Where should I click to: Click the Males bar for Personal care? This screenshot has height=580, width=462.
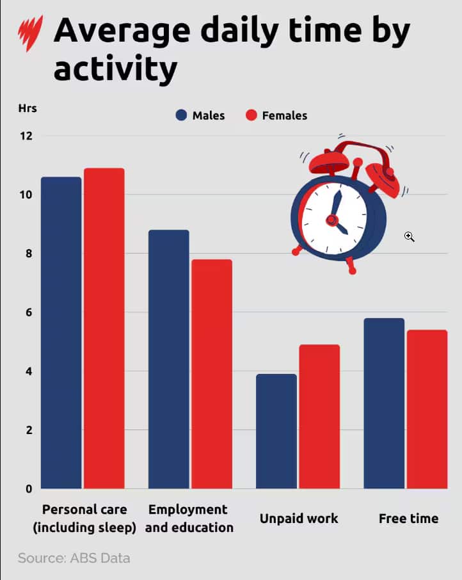(x=61, y=333)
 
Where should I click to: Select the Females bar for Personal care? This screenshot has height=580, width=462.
(x=104, y=328)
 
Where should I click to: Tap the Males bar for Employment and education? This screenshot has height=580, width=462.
(x=168, y=359)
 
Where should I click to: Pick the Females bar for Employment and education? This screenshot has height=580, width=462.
(x=212, y=374)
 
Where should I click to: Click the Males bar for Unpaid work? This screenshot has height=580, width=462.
(x=276, y=431)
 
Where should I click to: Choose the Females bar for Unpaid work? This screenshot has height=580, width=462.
(x=319, y=417)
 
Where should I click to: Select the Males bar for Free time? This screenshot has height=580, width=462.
(x=384, y=403)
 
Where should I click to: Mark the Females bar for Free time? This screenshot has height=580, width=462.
(x=427, y=409)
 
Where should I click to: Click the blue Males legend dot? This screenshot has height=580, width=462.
(x=181, y=116)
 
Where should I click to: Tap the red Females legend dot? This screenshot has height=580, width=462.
(x=251, y=116)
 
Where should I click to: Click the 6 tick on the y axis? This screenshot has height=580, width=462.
(x=28, y=312)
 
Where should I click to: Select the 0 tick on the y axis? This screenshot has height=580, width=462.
(x=28, y=489)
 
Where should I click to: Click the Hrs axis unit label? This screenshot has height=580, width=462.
(x=28, y=108)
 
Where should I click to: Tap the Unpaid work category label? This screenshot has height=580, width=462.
(x=299, y=519)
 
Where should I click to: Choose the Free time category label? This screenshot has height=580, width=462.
(x=408, y=519)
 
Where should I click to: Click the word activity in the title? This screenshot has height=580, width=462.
(x=115, y=69)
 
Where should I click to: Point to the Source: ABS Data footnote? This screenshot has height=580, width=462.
(x=74, y=558)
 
